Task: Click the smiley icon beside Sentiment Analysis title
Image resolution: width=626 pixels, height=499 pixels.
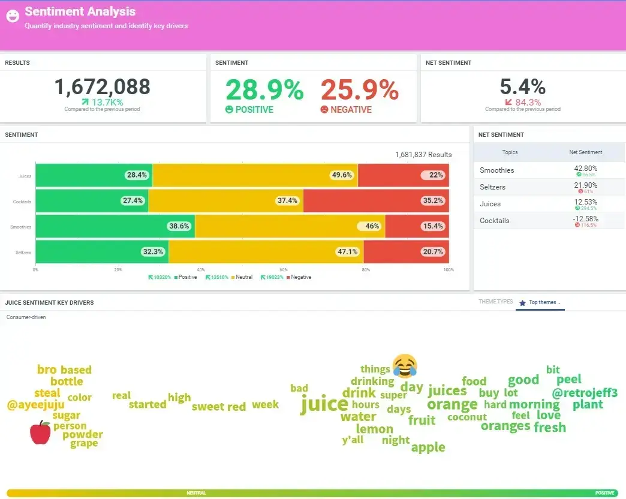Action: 13,17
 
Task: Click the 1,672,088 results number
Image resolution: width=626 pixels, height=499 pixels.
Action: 103,88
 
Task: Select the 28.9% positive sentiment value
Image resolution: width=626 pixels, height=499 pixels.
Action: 264,90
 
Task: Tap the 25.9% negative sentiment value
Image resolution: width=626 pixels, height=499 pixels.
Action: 359,90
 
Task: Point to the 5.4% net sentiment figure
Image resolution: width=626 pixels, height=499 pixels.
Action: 522,87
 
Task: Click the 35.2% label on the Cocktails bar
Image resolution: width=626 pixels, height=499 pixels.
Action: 432,201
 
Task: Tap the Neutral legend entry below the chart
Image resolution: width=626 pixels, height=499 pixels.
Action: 243,277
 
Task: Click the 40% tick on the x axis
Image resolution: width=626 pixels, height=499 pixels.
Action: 201,270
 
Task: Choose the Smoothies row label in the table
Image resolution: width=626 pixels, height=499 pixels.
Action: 496,170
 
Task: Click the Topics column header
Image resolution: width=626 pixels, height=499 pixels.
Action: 510,152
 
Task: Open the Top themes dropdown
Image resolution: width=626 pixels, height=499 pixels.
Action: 544,302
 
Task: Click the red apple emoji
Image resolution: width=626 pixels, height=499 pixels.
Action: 40,432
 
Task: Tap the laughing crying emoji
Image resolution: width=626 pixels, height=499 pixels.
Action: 405,365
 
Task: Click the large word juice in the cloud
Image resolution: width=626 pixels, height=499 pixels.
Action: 324,404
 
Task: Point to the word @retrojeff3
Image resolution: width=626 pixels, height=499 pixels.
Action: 584,393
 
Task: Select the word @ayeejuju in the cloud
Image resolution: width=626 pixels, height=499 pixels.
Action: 35,405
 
